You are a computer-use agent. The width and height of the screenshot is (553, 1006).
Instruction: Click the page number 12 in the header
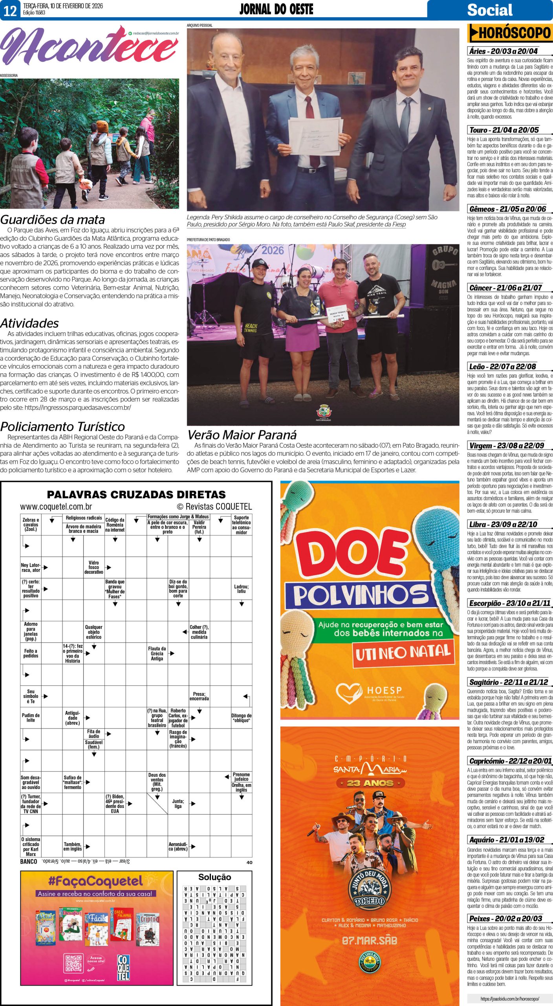pyautogui.click(x=10, y=10)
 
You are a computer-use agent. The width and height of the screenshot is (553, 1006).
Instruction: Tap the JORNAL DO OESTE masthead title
pyautogui.click(x=276, y=9)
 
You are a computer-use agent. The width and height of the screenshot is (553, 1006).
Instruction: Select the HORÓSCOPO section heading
pyautogui.click(x=510, y=33)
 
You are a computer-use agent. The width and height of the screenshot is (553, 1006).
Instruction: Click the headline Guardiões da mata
pyautogui.click(x=53, y=220)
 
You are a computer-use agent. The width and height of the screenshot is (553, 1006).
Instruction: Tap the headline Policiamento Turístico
pyautogui.click(x=62, y=426)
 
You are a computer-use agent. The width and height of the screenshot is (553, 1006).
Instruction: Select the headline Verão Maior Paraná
pyautogui.click(x=242, y=435)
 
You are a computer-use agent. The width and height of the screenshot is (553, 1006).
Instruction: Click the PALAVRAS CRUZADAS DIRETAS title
pyautogui.click(x=136, y=494)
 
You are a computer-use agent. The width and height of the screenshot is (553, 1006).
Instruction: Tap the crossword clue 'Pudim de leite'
pyautogui.click(x=31, y=718)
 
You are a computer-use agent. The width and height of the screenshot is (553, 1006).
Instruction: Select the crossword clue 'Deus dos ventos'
pyautogui.click(x=157, y=782)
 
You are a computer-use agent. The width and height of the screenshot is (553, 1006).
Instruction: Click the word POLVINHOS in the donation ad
pyautogui.click(x=361, y=596)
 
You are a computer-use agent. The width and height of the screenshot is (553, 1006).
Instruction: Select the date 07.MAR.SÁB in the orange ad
pyautogui.click(x=369, y=941)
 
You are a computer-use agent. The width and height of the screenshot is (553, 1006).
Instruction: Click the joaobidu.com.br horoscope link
pyautogui.click(x=509, y=998)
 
